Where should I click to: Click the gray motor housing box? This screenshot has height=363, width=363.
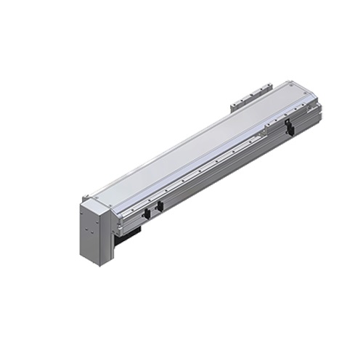coord(93,229)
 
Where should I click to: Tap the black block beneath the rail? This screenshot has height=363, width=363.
coord(129,232)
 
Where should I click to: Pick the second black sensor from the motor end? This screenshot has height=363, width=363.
coord(160,206)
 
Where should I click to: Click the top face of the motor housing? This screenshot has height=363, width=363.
coord(94,199)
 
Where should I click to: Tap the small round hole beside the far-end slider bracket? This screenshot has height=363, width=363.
coord(269,125)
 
